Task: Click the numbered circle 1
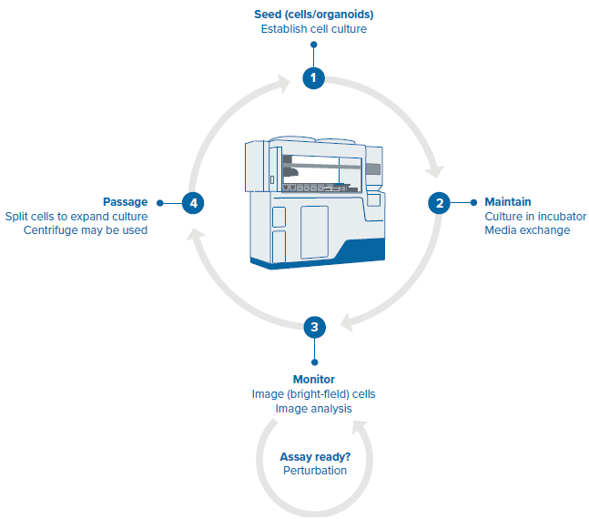coord(314,78)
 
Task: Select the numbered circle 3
coord(314,326)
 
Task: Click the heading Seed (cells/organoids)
coord(313,14)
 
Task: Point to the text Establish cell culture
coord(313,29)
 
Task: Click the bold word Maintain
coord(507,201)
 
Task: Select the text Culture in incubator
coord(534,216)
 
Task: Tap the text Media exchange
coord(526,230)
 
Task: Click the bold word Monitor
coord(313,379)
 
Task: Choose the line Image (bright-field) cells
coord(313,394)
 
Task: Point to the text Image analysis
coord(313,409)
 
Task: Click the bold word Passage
coord(126,201)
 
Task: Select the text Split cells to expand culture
coord(76,216)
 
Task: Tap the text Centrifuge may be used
coord(86,230)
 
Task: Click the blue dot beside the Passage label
coord(159,202)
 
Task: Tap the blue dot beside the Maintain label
coord(472,202)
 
